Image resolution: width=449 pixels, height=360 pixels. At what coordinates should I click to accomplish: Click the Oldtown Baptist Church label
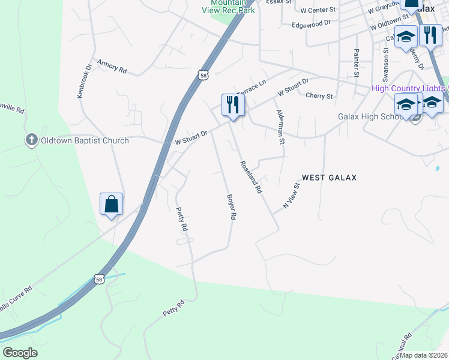[x=84, y=141]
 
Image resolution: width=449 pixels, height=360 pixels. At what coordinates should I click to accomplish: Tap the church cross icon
[x=31, y=140]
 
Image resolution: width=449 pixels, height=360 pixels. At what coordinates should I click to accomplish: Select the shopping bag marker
[x=112, y=204]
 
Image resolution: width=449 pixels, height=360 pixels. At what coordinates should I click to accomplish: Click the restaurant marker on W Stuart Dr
[x=231, y=105]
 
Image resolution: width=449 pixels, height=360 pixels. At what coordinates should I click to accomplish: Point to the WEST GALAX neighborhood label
[x=329, y=178]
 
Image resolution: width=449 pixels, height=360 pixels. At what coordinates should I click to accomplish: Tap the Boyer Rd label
[x=232, y=207]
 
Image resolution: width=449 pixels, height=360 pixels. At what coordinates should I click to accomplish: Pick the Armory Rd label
[x=112, y=66]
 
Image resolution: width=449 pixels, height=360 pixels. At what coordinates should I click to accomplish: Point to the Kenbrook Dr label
[x=83, y=82]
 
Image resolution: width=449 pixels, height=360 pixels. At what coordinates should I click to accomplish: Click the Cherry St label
[x=319, y=96]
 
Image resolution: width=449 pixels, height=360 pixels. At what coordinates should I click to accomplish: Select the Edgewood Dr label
[x=311, y=24]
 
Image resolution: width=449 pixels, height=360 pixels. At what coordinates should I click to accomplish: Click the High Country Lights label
[x=408, y=89]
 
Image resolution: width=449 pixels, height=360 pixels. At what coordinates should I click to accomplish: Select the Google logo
[x=20, y=353]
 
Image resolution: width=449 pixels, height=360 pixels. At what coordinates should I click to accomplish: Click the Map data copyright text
[x=424, y=355]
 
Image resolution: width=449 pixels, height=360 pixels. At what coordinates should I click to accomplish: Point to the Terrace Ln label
[x=251, y=88]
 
